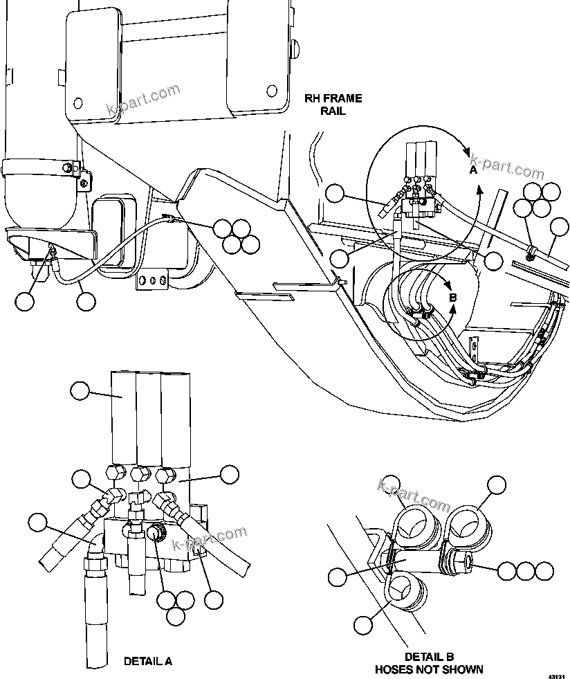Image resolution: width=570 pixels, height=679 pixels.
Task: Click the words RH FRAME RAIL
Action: tap(333, 105)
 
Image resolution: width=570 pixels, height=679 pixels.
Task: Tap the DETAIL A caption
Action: tap(147, 661)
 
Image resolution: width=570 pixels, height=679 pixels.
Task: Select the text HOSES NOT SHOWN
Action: tap(429, 669)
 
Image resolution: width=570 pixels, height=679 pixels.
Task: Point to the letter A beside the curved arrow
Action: tap(473, 169)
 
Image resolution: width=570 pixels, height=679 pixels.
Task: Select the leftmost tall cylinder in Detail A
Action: tap(123, 419)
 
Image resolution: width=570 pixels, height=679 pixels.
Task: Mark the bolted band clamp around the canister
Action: tap(42, 169)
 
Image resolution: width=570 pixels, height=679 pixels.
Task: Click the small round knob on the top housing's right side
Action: tap(295, 48)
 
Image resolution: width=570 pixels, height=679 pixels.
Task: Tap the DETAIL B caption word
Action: tap(428, 656)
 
